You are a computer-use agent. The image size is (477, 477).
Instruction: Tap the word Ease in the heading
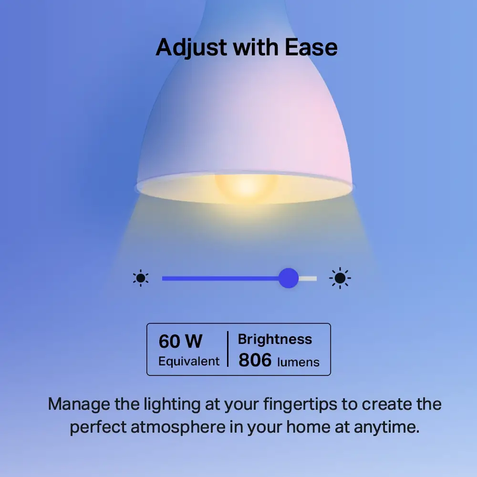click(311, 47)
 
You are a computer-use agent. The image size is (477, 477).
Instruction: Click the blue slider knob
click(288, 278)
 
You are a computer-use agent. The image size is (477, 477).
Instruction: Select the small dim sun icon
click(141, 278)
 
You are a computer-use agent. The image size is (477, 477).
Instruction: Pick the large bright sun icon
click(340, 278)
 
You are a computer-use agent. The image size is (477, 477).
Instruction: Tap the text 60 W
click(180, 342)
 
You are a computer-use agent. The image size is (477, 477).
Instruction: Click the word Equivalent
click(189, 361)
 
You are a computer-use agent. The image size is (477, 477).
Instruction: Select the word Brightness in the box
click(275, 339)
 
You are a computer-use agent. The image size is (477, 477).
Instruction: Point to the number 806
click(255, 361)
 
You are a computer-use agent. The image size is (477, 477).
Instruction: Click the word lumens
click(298, 362)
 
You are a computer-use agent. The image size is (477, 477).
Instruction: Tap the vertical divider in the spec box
click(228, 349)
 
